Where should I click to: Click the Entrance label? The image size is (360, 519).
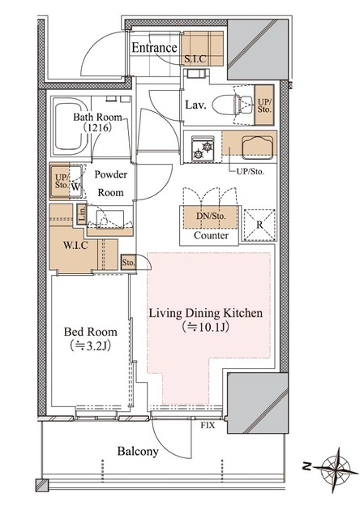154,48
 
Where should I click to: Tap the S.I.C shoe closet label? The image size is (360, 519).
195,59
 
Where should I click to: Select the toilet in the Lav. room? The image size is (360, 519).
234,105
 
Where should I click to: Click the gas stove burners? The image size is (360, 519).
203,150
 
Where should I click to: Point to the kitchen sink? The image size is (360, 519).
258,148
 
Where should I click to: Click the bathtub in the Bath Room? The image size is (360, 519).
70,127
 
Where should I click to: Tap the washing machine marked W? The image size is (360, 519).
75,182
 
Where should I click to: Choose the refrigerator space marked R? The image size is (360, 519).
259,225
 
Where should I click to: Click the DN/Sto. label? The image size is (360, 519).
211,217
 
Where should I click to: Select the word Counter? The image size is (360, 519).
211,235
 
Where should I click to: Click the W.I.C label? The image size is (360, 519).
75,245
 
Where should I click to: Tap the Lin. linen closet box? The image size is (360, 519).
82,214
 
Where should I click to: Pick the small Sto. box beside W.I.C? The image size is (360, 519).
128,263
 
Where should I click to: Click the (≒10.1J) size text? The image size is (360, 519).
205,327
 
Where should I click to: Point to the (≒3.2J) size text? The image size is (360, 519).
90,345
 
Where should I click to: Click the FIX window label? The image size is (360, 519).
208,425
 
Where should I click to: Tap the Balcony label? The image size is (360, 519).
138,452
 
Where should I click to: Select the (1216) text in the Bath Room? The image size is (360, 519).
97,127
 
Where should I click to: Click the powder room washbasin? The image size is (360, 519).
109,218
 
